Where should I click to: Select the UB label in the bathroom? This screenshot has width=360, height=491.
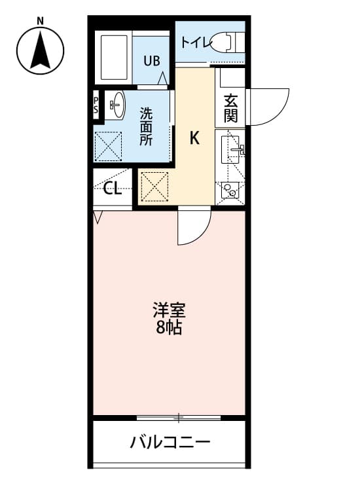coord(151,62)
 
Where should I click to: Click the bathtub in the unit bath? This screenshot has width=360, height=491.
coord(115,57)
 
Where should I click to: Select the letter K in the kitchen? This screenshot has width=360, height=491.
coord(194,138)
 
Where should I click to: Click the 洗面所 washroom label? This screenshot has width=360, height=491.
coord(146,126)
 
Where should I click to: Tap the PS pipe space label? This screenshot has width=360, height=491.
coord(96,105)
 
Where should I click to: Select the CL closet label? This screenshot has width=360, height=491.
coord(113,190)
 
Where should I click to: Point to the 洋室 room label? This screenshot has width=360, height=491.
coord(168,308)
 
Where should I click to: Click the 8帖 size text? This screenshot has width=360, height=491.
coord(168,327)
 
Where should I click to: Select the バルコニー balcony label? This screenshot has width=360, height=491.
coord(170,443)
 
